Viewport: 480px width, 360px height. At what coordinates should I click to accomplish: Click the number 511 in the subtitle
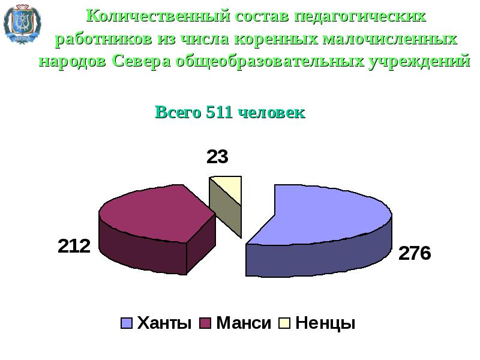click(219, 112)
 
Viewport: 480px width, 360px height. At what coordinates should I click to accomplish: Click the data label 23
click(217, 157)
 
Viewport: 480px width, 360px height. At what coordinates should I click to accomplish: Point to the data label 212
click(74, 245)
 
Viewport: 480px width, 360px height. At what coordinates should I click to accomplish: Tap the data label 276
click(415, 253)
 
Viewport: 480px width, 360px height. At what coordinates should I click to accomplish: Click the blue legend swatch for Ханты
click(127, 324)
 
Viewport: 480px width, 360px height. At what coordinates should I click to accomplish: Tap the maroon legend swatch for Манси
click(205, 324)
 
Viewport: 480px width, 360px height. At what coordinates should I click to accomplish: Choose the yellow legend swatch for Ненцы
click(284, 324)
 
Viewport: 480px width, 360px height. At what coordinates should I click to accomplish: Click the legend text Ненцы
click(326, 324)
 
